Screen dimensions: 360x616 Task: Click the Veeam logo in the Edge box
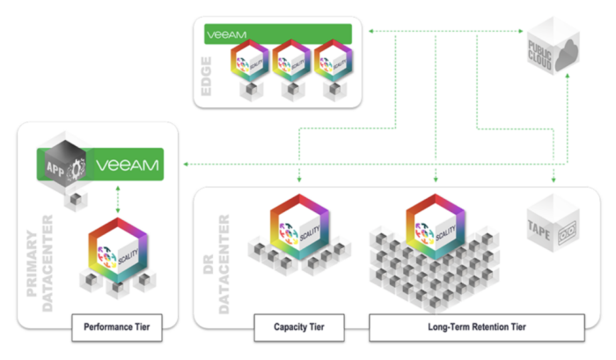[226, 35]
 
